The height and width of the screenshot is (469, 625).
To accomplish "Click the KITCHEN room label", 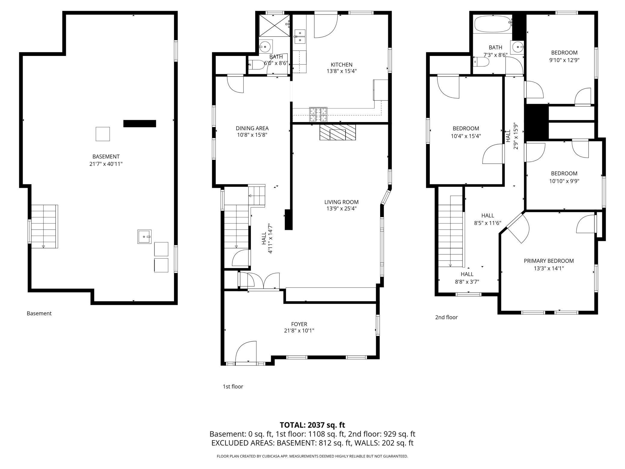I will click(x=341, y=65).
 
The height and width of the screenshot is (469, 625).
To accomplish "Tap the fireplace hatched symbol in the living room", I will click(x=337, y=133).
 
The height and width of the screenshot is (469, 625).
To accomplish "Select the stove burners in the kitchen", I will click(x=318, y=115).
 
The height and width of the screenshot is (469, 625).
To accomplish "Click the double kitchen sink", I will click(x=300, y=36).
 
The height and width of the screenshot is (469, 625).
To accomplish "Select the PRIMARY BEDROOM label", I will click(x=549, y=261).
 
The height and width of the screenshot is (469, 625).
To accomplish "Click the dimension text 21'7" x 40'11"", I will click(x=106, y=164).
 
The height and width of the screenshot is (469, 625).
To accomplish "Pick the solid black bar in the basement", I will click(x=139, y=124).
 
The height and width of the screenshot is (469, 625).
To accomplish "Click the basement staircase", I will click(x=44, y=226).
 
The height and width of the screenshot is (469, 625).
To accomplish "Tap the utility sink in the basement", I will click(x=144, y=237).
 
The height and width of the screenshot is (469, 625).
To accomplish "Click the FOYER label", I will click(x=299, y=324).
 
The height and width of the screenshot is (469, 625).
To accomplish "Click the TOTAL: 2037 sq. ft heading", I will click(x=312, y=425).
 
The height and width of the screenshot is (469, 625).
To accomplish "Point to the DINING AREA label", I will click(x=252, y=128).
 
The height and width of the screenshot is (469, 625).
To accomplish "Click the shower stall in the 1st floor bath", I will click(x=274, y=26).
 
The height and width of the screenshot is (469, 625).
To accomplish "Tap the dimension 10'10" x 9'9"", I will click(x=564, y=181).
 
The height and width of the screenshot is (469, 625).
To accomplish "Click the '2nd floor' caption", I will click(x=446, y=317).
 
